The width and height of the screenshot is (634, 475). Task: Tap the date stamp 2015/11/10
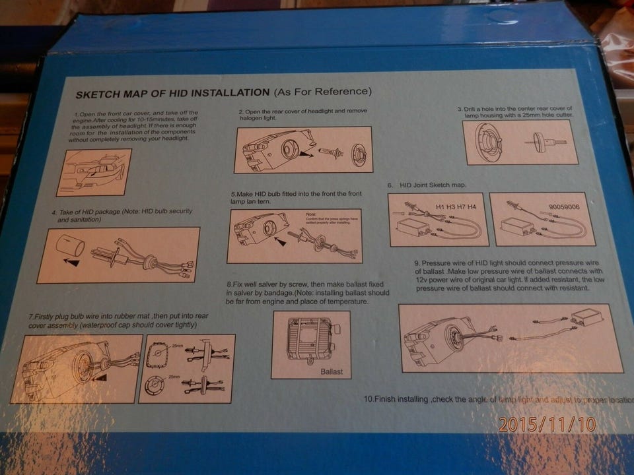pyautogui.click(x=547, y=424)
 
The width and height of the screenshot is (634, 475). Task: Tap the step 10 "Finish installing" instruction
pyautogui.click(x=495, y=400)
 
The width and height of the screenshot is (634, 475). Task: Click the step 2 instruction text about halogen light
pyautogui.click(x=302, y=115)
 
